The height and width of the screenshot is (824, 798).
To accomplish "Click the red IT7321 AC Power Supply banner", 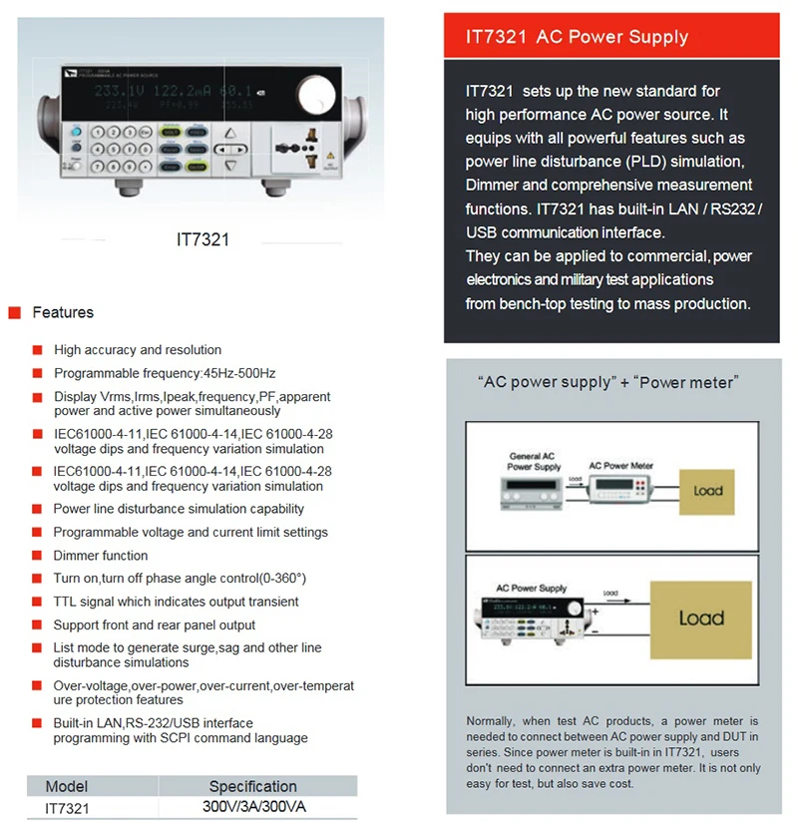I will [610, 37].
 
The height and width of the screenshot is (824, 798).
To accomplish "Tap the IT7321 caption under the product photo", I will [202, 239].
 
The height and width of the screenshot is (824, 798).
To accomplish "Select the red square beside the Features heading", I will [15, 313].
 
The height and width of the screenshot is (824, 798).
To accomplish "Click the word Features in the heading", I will [63, 313].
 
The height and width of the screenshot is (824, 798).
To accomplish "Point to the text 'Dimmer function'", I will [100, 556].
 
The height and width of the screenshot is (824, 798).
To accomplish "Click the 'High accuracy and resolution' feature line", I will [138, 350].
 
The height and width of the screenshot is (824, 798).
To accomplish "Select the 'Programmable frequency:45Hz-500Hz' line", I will [165, 373].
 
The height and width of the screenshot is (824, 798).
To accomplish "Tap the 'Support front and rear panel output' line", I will [155, 625].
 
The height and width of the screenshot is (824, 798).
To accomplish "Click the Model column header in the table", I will [67, 786].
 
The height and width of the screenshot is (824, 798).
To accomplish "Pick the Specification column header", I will [252, 786].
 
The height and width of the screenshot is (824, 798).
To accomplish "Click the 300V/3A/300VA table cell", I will [253, 806].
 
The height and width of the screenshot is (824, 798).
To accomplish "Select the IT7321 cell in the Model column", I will [67, 807].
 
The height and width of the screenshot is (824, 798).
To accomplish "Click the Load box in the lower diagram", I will [700, 618].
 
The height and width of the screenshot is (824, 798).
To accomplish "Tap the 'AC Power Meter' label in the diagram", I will [620, 466].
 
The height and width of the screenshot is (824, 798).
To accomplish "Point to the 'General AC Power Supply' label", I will [534, 462].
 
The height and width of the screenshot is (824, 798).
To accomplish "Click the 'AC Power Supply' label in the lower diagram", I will [531, 589].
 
